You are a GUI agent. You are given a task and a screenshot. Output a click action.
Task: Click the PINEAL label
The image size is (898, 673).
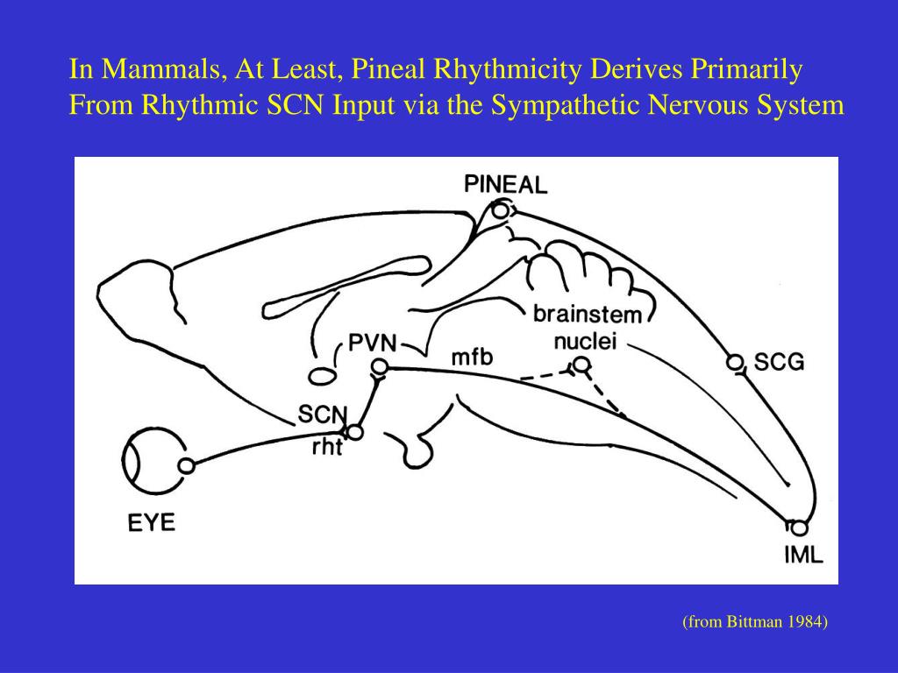click(x=505, y=184)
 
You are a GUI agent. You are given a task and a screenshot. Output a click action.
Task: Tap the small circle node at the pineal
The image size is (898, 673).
click(x=500, y=210)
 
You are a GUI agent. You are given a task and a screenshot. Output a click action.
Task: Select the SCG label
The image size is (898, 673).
click(x=779, y=362)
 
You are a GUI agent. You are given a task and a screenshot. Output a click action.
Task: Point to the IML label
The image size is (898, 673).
click(x=804, y=555)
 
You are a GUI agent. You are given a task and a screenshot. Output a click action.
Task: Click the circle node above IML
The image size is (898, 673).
click(x=798, y=528)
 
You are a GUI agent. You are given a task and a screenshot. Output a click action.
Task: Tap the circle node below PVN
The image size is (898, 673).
click(x=379, y=366)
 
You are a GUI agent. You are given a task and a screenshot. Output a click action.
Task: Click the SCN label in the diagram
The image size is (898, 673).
click(x=323, y=413)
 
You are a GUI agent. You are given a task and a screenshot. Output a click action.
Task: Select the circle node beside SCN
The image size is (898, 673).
click(x=355, y=432)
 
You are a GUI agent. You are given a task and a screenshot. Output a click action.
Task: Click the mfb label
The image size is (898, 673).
click(x=472, y=357)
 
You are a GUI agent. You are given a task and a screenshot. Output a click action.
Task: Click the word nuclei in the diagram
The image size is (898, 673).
click(x=585, y=340)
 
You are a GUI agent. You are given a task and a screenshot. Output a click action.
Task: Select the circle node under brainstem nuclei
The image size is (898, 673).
click(x=581, y=365)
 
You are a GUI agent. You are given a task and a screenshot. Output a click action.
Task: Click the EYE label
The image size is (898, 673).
click(x=152, y=524)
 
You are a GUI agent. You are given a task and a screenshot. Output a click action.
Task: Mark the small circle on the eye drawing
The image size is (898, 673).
click(x=186, y=466)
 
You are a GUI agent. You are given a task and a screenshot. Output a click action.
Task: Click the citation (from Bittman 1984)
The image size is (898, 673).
click(x=755, y=622)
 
